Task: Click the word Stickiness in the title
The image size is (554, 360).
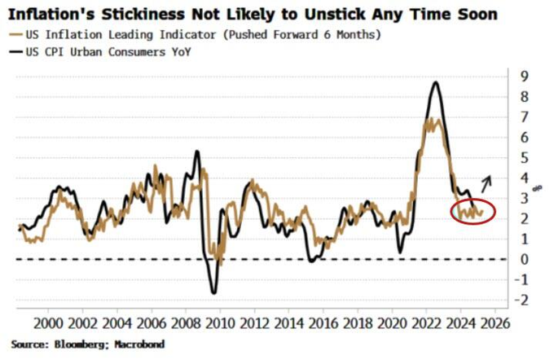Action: tap(139, 14)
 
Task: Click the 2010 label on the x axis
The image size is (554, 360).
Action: tap(218, 322)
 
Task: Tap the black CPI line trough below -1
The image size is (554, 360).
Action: tap(213, 292)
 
